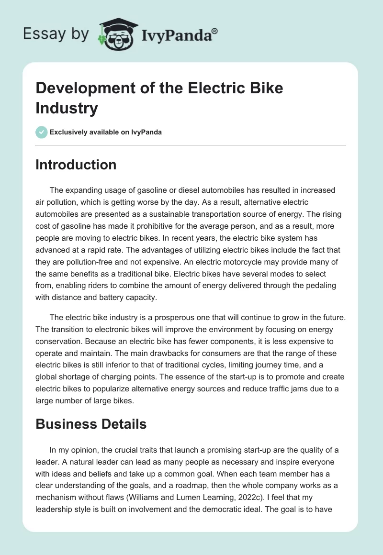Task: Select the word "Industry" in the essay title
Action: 67,108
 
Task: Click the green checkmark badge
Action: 42,132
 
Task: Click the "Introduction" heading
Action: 76,165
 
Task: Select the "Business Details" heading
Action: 91,424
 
